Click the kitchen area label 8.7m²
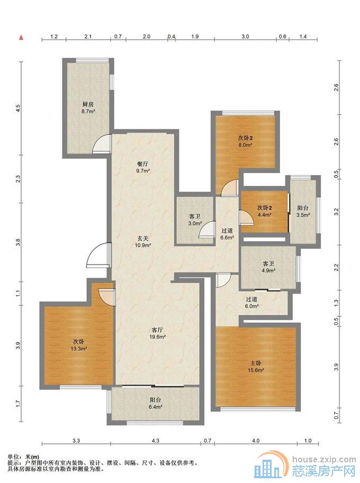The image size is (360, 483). (88, 112)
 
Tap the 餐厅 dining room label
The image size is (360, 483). (143, 164)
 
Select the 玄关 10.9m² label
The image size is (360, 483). (143, 242)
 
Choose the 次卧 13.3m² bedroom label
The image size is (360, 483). (78, 345)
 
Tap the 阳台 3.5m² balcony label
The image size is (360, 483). (303, 211)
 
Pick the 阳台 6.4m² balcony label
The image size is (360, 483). (155, 403)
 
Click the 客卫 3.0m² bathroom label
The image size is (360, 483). (195, 220)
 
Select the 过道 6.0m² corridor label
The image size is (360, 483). (251, 303)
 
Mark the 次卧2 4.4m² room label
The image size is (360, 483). (265, 211)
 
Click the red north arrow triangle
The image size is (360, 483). (21, 38)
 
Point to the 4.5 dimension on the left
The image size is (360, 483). (18, 108)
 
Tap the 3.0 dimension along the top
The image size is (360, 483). (245, 37)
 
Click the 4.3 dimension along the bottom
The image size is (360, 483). (155, 441)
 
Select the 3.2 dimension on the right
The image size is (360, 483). (336, 212)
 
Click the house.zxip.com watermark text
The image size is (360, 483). (324, 459)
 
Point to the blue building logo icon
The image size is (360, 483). (268, 468)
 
